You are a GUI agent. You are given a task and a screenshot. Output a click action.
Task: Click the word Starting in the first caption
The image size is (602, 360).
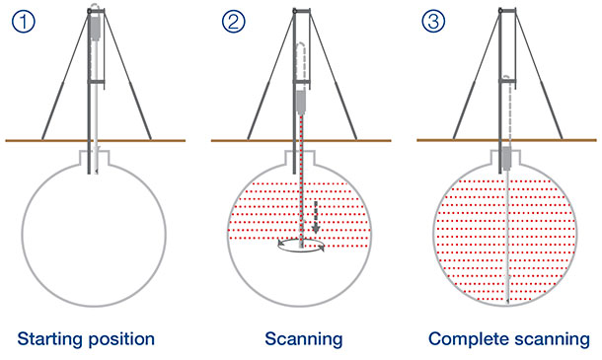click(50, 339)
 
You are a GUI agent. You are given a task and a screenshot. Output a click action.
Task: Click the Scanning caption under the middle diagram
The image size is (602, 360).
click(303, 339)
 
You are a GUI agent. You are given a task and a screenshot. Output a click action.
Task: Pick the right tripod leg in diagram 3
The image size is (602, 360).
click(548, 89)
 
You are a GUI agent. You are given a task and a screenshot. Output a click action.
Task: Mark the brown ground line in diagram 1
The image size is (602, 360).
click(30, 140)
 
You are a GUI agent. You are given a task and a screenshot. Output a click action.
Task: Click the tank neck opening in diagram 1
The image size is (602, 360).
click(96, 156)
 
